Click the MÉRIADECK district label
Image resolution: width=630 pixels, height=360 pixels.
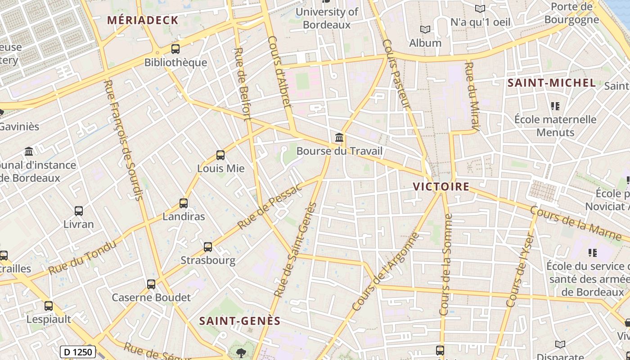point(143,20)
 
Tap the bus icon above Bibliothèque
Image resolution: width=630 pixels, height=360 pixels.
point(175,49)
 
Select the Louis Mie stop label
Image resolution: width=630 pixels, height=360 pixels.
point(220,168)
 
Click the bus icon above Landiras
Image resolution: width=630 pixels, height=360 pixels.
point(184,203)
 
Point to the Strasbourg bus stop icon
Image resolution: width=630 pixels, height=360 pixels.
point(208,247)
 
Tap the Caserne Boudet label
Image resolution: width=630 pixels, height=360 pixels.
point(151,297)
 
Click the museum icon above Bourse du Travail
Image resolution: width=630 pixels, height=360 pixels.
point(339,137)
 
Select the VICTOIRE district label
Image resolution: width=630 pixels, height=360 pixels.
point(441,186)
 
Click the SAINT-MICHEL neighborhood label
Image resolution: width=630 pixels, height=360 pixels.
point(552,83)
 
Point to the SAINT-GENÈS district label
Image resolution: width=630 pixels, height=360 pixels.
point(240,321)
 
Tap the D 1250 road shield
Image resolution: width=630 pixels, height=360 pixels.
point(77,352)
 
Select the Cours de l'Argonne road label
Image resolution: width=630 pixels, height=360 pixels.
point(386,272)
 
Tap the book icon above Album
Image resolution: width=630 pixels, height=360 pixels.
point(425,30)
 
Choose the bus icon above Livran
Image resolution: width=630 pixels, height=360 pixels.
point(79,211)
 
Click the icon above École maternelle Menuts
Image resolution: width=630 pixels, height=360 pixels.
point(555,106)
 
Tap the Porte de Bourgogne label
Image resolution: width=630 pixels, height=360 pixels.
point(571,13)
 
